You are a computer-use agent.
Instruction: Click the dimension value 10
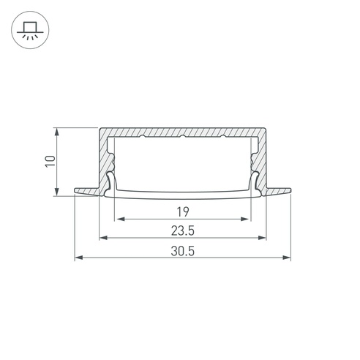(x=50, y=161)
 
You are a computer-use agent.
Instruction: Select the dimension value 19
(x=183, y=211)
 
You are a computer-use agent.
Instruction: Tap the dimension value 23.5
(x=183, y=230)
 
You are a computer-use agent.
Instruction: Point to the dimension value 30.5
(x=183, y=251)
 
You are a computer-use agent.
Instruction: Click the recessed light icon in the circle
(x=30, y=30)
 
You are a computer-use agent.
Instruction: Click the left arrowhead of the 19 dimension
(x=121, y=219)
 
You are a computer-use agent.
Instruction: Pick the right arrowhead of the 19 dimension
(x=244, y=219)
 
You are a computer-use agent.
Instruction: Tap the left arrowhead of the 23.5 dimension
(x=104, y=238)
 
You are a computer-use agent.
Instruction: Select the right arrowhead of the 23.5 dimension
(x=262, y=238)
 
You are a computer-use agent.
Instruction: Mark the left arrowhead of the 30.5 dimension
(x=79, y=258)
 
